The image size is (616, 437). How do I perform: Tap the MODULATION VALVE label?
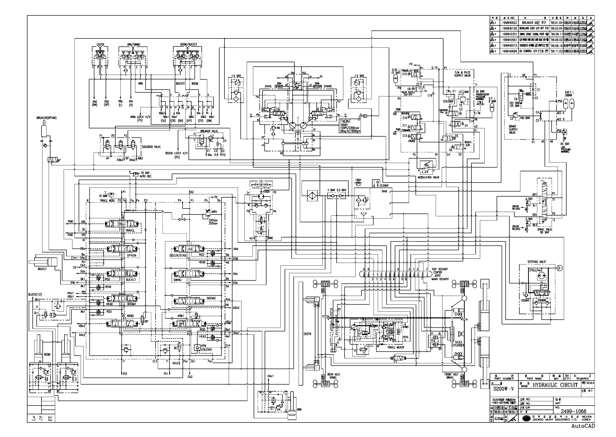tap(428, 177)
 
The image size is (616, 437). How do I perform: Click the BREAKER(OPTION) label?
tap(46, 118)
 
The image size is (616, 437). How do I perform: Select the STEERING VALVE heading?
tap(537, 262)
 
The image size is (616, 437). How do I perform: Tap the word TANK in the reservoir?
tap(384, 191)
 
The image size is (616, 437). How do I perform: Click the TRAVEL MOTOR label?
tap(396, 347)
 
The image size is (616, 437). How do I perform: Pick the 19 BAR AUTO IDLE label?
tap(145, 174)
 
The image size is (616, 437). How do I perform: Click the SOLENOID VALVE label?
tap(151, 147)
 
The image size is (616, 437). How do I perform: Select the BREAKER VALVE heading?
tap(209, 131)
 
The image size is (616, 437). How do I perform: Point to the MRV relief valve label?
tap(214, 212)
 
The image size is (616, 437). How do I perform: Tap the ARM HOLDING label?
tap(206, 348)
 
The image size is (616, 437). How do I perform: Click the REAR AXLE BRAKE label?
tap(334, 376)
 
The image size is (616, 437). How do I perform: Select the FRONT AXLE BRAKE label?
tap(452, 376)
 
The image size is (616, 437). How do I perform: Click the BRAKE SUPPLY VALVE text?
tap(513, 129)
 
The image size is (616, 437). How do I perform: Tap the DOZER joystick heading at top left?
tap(100, 45)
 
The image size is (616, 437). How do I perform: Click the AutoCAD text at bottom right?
tap(583, 426)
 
